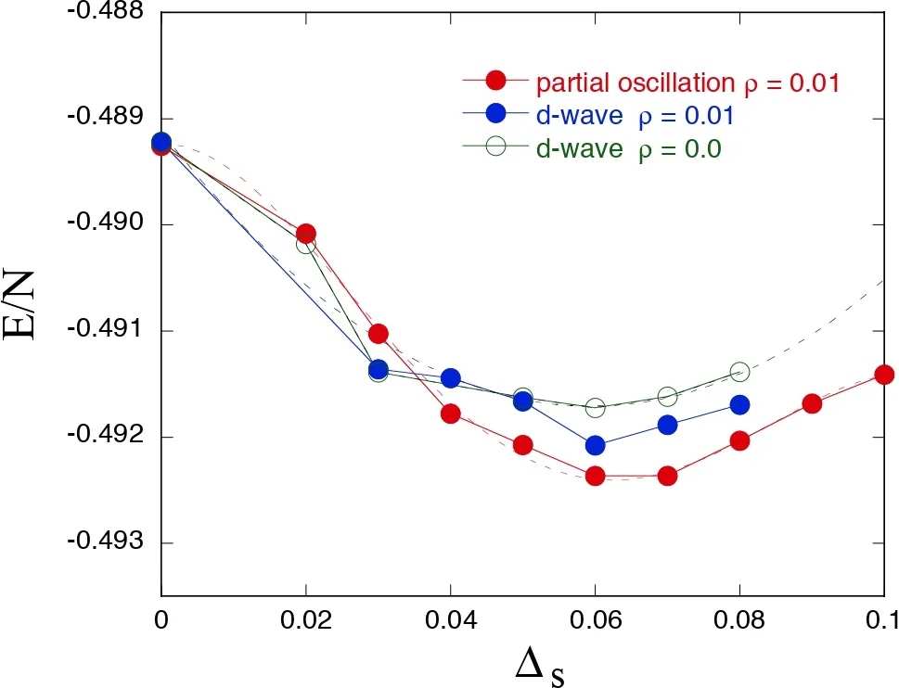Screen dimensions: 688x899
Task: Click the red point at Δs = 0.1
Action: click(x=884, y=375)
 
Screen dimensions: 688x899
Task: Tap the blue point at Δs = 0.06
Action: click(x=595, y=445)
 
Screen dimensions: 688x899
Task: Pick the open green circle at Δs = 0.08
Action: click(x=739, y=372)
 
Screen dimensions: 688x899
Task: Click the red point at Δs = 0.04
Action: click(x=451, y=414)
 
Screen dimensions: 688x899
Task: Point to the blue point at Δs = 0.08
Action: click(x=739, y=405)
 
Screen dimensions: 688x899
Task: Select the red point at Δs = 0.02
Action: click(x=306, y=234)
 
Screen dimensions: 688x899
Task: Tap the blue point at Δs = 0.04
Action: click(x=451, y=378)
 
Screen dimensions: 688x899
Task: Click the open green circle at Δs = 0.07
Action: click(x=667, y=396)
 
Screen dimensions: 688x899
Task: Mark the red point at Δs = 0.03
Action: click(x=378, y=334)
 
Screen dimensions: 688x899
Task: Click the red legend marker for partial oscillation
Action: click(x=496, y=82)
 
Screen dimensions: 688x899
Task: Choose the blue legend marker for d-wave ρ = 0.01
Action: click(x=496, y=114)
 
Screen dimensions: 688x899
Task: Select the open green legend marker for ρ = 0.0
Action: click(x=496, y=147)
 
